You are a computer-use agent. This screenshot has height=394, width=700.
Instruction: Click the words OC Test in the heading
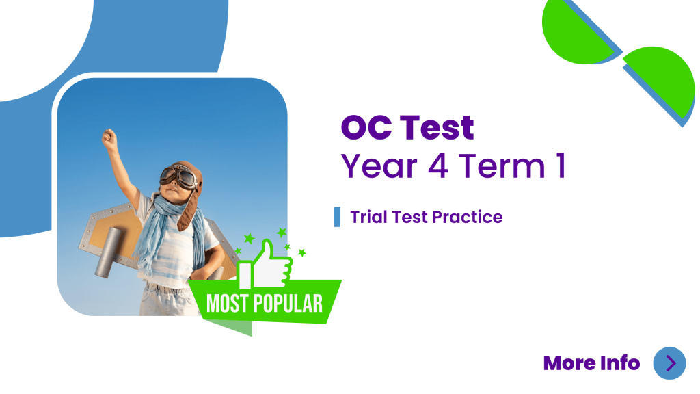[407, 128]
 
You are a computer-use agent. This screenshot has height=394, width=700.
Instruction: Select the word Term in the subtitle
[502, 166]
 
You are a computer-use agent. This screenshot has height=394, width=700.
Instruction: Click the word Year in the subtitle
[379, 166]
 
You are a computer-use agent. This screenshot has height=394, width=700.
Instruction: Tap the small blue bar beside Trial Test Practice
[337, 217]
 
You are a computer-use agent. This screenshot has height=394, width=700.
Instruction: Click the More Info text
[591, 363]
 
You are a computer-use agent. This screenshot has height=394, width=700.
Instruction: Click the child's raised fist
[109, 139]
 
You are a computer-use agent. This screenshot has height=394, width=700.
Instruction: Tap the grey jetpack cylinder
[107, 252]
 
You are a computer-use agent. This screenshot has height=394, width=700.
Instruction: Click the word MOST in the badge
[227, 304]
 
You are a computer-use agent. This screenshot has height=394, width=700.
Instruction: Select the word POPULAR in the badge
[288, 304]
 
